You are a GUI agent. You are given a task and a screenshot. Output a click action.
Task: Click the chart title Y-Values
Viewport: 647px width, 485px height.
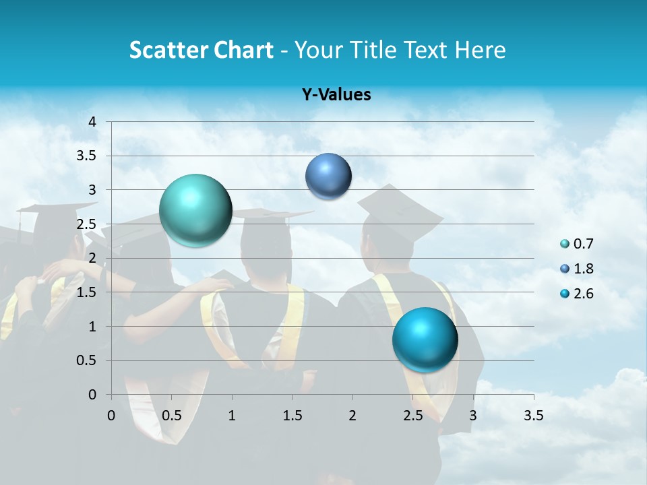pos(336,95)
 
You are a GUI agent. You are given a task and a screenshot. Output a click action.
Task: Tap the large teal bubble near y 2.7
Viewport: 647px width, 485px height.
pos(195,210)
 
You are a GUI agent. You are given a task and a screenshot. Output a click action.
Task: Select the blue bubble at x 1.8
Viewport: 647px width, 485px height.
pos(328,176)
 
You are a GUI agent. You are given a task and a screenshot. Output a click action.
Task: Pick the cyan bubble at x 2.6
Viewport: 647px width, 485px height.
pos(425,339)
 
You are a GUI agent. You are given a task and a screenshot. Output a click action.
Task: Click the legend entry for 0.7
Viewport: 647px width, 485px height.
pos(578,244)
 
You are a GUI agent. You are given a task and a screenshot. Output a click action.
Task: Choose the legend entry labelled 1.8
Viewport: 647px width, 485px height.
pos(578,269)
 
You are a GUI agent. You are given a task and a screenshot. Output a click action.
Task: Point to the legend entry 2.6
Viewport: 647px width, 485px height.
pos(578,294)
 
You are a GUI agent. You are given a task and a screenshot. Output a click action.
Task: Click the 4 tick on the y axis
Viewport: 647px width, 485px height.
pos(93,122)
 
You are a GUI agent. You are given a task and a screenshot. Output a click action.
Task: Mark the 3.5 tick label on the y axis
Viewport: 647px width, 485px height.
pos(88,156)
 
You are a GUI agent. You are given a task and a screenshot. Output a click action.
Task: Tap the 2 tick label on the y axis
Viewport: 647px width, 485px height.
pos(93,259)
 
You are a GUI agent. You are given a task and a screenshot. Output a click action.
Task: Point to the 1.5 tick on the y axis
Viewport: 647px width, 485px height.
pos(88,292)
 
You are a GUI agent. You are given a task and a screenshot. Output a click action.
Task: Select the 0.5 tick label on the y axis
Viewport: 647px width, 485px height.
pos(88,361)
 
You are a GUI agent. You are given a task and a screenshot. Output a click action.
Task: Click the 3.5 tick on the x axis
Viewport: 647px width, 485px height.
pos(533,416)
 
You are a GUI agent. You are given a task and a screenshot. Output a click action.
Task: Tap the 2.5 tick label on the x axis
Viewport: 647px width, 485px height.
pos(412,416)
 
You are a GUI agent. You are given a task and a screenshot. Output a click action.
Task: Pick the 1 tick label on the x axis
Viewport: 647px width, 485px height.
pos(232,416)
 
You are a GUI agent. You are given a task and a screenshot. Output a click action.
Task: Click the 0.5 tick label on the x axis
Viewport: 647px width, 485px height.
pos(171,416)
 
